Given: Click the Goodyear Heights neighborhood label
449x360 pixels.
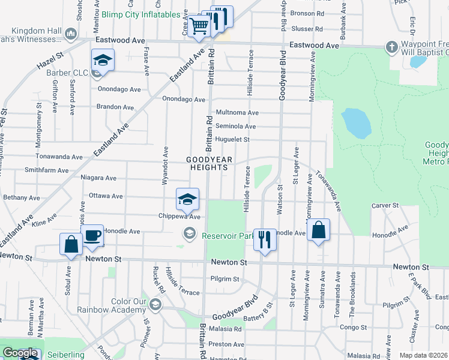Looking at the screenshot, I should point(207,163).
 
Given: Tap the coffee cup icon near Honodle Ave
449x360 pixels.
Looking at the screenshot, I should point(92,236).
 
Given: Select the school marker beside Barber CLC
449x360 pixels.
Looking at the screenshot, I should point(103,61).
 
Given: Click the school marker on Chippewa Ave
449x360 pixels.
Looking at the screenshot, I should point(187,199).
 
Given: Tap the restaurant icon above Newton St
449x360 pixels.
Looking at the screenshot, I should point(264,240).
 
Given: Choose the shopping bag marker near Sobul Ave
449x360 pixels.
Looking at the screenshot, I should point(71,245).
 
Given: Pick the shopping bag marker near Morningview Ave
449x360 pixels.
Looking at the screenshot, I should point(318,230).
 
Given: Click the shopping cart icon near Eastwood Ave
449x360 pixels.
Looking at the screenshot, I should point(199,26).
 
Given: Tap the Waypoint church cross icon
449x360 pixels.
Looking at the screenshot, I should point(391,46).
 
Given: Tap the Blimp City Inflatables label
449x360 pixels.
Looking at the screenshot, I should point(141,14).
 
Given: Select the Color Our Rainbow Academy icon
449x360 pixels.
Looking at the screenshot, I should point(155,306).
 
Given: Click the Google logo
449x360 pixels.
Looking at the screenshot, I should point(20,353).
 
